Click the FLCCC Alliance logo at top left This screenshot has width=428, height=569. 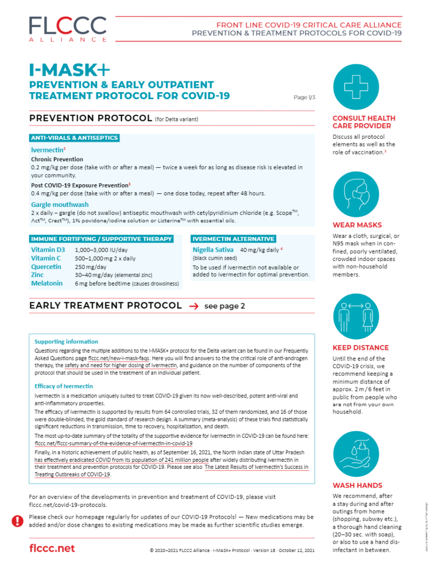67,28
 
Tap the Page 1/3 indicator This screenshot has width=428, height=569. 304,98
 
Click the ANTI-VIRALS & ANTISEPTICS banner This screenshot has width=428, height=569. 74,138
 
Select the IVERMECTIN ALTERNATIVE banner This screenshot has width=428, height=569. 234,239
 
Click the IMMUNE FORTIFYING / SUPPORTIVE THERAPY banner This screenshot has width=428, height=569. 102,239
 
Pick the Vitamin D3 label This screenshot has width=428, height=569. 48,250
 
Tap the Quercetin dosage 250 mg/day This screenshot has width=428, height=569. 91,266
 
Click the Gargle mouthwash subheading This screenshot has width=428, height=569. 60,205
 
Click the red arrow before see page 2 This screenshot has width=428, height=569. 194,306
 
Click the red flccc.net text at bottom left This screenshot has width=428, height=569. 52,548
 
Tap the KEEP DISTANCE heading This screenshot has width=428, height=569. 361,348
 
